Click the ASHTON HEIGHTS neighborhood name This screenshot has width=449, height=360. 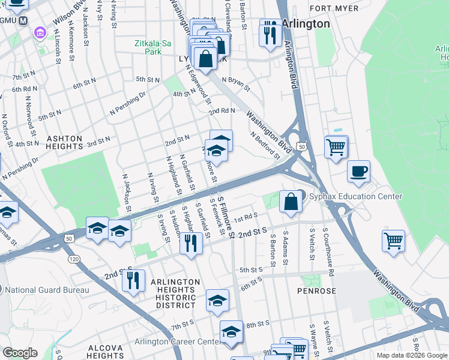point(65,142)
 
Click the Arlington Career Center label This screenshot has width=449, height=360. point(176,341)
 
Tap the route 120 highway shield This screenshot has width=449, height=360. point(74,259)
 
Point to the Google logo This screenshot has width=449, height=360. point(20,353)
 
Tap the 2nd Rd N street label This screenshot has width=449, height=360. point(221,111)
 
